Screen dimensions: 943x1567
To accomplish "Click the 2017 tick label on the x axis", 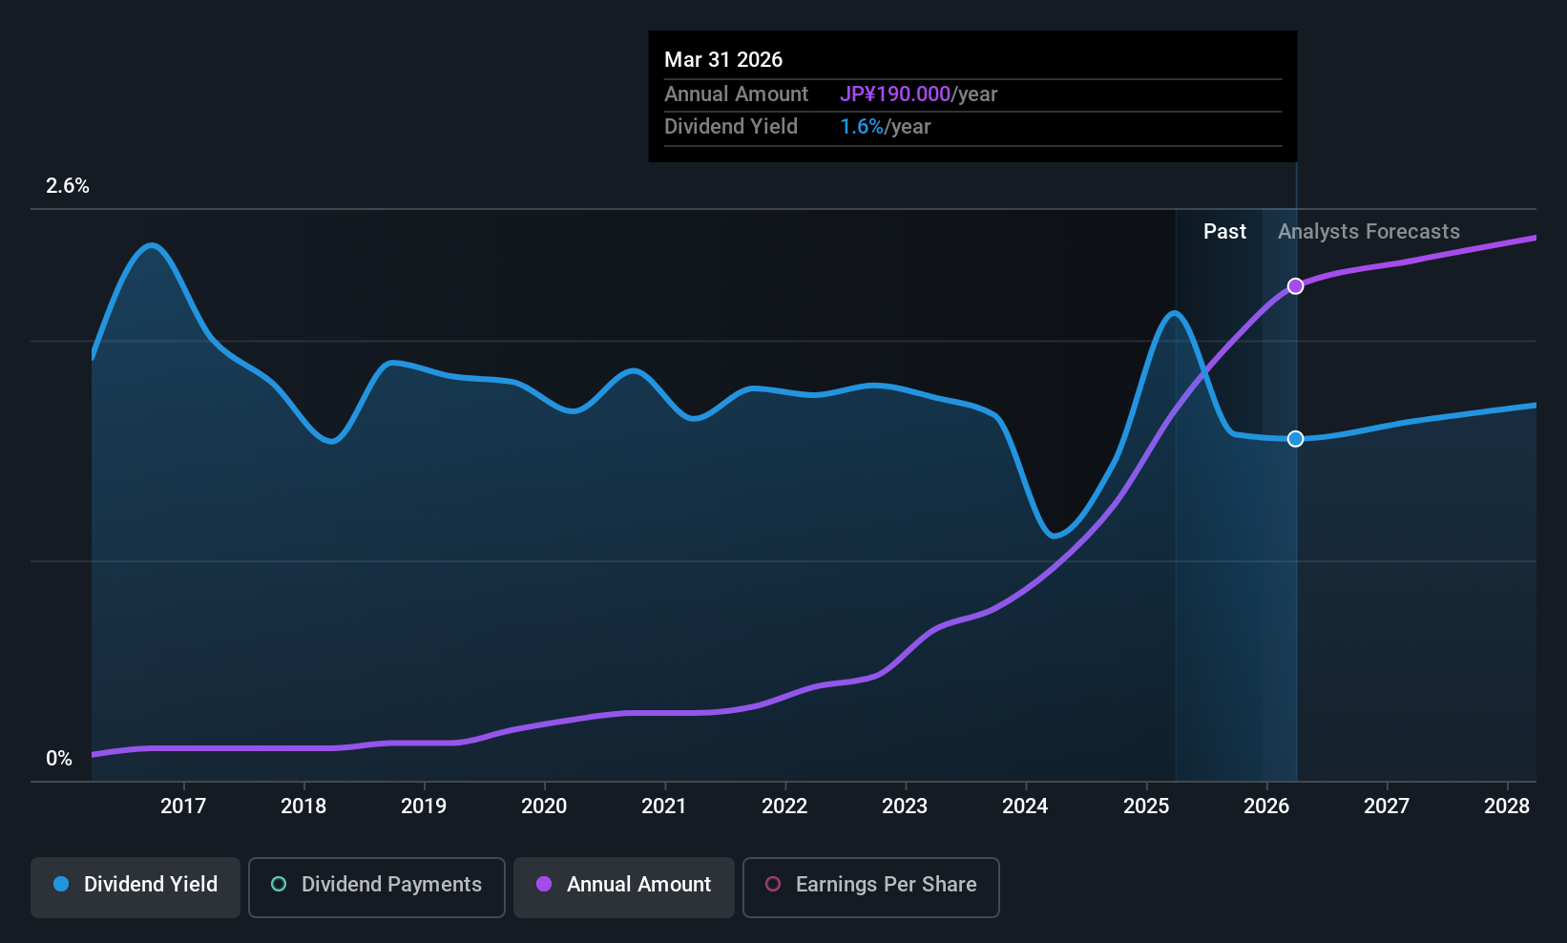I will [183, 807].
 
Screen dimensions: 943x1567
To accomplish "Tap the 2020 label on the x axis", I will [544, 807].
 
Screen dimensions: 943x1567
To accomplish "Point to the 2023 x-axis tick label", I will [905, 807].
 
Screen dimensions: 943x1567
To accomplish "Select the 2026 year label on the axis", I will [1266, 807].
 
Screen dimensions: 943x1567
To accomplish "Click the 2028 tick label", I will [1507, 807].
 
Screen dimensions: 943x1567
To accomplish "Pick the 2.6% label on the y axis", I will [68, 186].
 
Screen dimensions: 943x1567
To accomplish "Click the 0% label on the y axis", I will [59, 759].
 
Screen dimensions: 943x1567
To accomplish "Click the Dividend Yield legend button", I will [136, 885].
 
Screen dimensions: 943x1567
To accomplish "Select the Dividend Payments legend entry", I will [377, 885].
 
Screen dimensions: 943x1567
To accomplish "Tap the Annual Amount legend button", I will [624, 885].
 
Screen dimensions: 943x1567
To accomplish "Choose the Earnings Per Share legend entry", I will [871, 885].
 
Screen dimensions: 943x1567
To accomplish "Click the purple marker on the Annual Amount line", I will [1295, 286].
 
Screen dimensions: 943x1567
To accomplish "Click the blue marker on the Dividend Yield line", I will [1295, 439].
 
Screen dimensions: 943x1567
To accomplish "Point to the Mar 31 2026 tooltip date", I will [723, 60].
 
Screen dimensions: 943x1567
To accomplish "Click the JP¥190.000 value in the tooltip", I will [895, 94].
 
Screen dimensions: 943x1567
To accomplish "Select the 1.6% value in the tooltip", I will [862, 127].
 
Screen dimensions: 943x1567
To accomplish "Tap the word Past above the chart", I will [1224, 232].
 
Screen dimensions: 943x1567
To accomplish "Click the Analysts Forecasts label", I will [1369, 232].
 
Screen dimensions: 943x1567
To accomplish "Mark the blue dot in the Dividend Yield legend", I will [61, 885].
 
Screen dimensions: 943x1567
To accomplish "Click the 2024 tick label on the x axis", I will [1025, 807].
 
